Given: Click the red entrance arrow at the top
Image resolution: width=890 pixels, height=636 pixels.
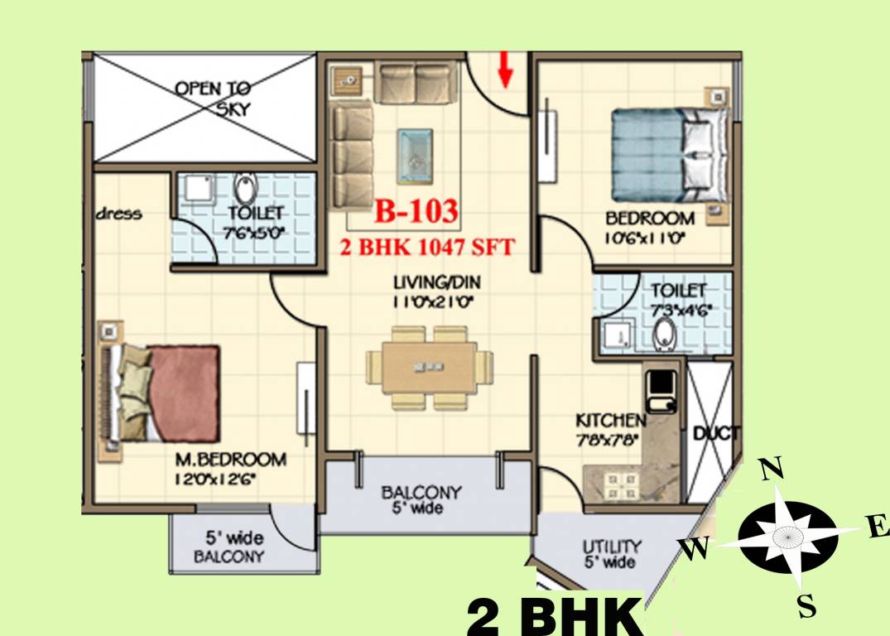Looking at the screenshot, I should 504,70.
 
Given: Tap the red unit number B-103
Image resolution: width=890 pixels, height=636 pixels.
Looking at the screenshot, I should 416,212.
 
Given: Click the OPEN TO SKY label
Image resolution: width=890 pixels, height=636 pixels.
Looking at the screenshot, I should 214,98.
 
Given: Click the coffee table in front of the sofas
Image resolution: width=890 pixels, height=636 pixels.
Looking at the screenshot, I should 415,156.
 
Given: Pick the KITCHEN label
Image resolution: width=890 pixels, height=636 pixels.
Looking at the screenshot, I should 611,421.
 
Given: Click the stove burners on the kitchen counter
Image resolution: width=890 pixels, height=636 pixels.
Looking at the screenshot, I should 618,483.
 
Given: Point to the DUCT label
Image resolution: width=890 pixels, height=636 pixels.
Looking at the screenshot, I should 711,433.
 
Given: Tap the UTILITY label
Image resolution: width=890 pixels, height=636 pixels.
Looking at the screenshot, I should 611,547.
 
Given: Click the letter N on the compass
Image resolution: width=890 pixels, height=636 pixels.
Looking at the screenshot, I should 772,470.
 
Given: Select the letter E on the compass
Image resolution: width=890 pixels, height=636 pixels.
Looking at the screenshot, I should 878,527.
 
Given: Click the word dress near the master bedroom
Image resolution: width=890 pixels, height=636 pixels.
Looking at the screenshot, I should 119,214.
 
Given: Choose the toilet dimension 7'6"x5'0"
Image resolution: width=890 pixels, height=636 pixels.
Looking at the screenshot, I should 255,233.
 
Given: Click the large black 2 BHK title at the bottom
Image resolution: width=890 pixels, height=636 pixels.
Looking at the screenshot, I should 554,616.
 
